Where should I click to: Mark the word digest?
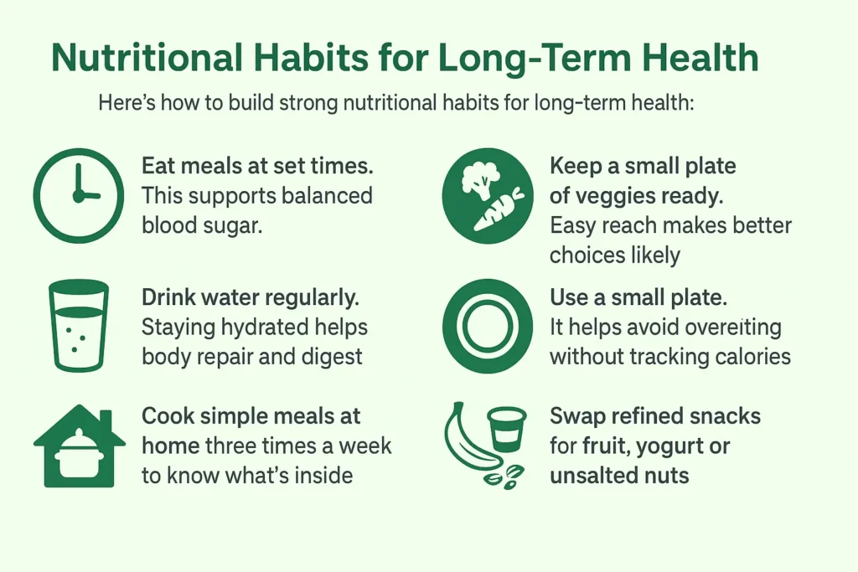332,356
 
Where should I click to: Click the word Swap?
579,416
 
